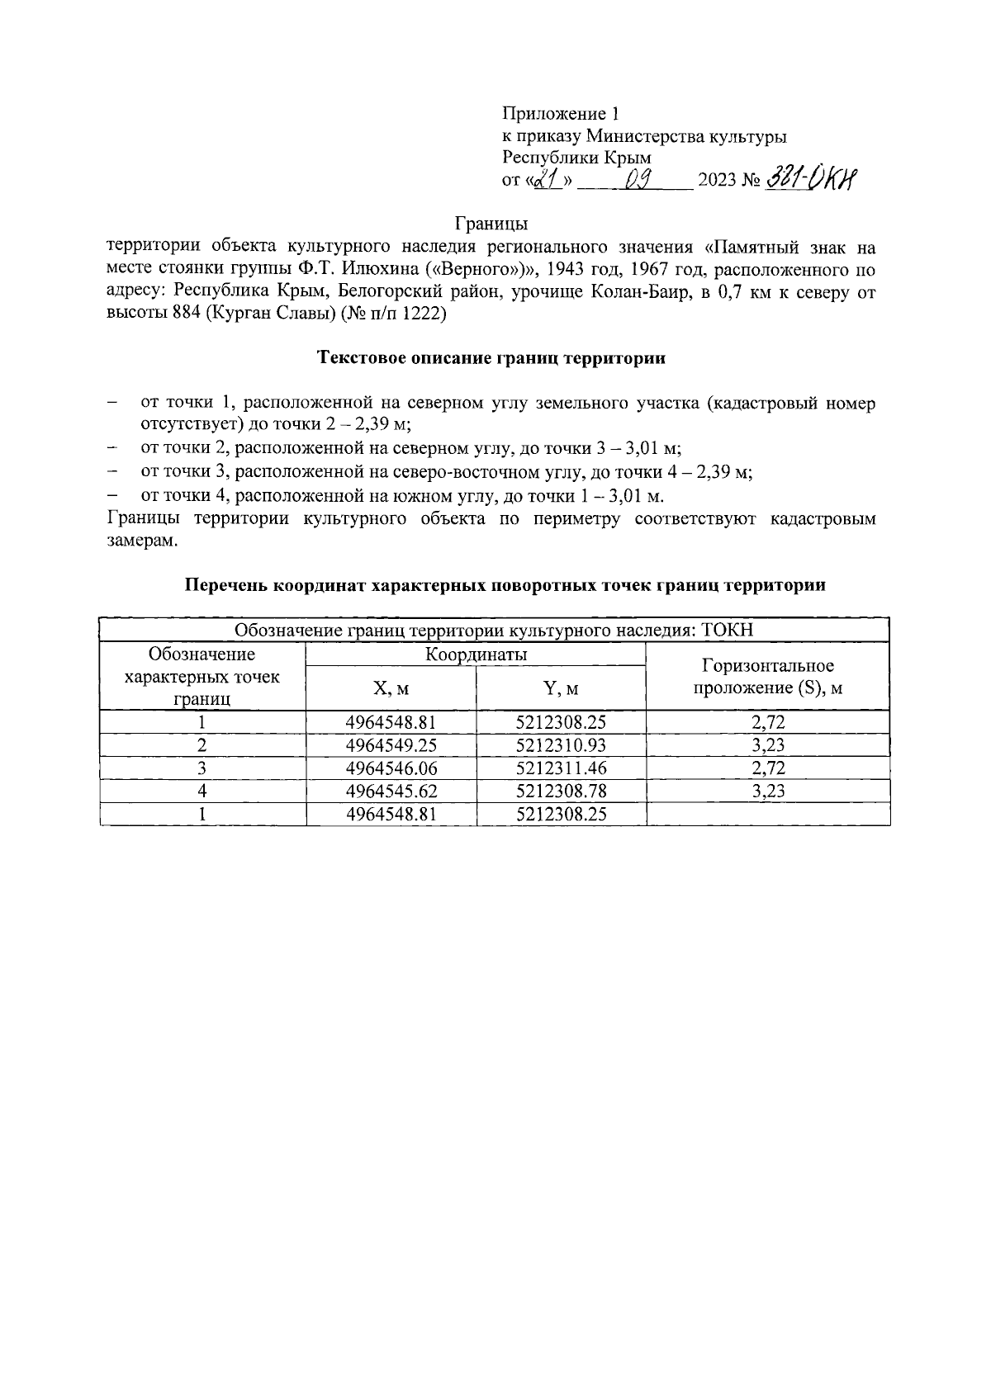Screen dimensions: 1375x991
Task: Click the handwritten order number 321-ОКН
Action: pyautogui.click(x=813, y=178)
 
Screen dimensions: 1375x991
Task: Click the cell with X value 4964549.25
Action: pyautogui.click(x=391, y=745)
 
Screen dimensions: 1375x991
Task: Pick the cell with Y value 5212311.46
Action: pyautogui.click(x=561, y=768)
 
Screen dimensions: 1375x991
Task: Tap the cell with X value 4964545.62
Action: pyautogui.click(x=391, y=791)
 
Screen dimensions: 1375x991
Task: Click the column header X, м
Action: pyautogui.click(x=391, y=688)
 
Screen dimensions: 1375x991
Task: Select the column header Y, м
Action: pyautogui.click(x=561, y=688)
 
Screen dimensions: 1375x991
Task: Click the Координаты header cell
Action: pyautogui.click(x=476, y=654)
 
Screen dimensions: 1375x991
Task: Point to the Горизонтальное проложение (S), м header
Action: pyautogui.click(x=767, y=677)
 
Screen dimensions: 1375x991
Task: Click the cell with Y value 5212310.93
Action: pyautogui.click(x=561, y=745)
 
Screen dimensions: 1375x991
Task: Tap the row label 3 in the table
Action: pyautogui.click(x=202, y=768)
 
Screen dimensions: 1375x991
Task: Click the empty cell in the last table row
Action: pyautogui.click(x=767, y=815)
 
